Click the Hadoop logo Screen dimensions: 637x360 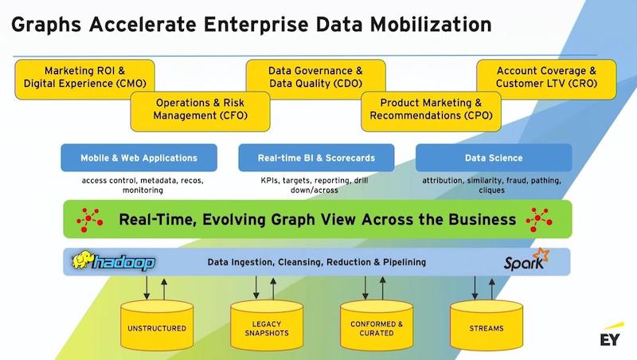click(113, 261)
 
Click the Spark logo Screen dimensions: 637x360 click(526, 260)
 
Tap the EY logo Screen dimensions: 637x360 click(611, 335)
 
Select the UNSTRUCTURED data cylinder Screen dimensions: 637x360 click(157, 326)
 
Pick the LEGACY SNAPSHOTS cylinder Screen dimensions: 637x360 click(267, 326)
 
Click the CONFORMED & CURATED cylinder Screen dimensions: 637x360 click(377, 326)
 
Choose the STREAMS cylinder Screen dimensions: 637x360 click(487, 326)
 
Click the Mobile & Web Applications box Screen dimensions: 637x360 click(139, 158)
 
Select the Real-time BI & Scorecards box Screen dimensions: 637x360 click(316, 158)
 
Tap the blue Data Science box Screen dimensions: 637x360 click(494, 158)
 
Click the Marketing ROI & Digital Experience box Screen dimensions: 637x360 click(84, 79)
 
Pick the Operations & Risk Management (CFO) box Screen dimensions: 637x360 click(201, 112)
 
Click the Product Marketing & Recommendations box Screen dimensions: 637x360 click(431, 112)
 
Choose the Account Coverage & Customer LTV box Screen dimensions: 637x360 click(546, 79)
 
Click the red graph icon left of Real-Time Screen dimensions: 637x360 click(89, 220)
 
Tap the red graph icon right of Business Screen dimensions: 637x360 click(539, 220)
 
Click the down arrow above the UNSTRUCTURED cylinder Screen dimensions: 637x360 click(147, 288)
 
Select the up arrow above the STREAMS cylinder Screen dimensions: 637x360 click(492, 289)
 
